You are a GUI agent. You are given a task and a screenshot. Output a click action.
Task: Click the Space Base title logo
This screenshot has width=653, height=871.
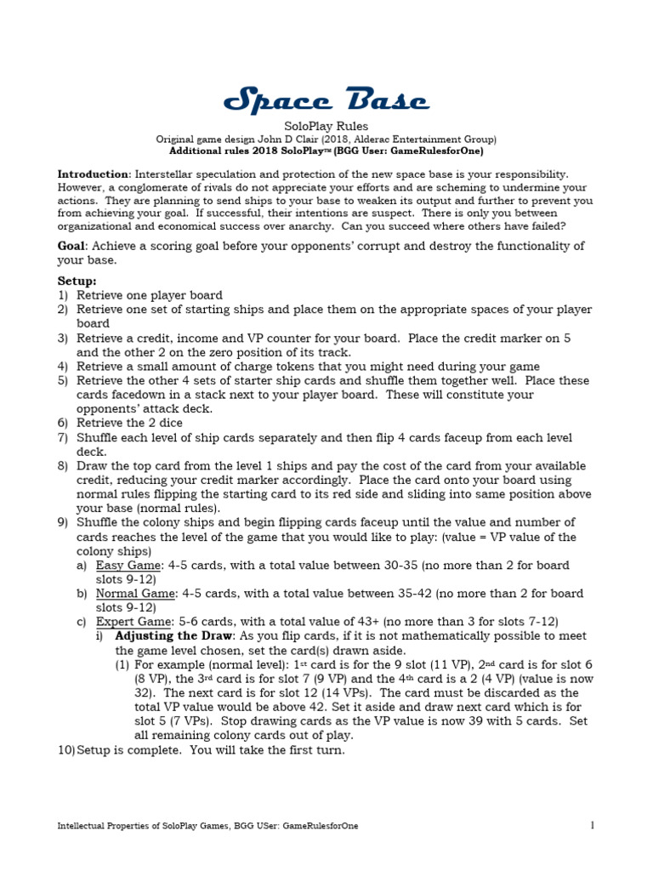(x=326, y=102)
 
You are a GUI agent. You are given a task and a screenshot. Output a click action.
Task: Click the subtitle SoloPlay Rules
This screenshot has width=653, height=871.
(x=326, y=126)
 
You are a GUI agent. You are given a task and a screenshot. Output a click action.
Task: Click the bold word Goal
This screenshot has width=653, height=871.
(x=71, y=246)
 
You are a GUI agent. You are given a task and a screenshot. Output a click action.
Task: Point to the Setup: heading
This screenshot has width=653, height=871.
(x=77, y=280)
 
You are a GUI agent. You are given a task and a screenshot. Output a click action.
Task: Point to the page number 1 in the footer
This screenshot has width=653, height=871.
(x=591, y=825)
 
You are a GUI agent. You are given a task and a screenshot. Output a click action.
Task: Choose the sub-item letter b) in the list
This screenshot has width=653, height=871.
(x=82, y=594)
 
